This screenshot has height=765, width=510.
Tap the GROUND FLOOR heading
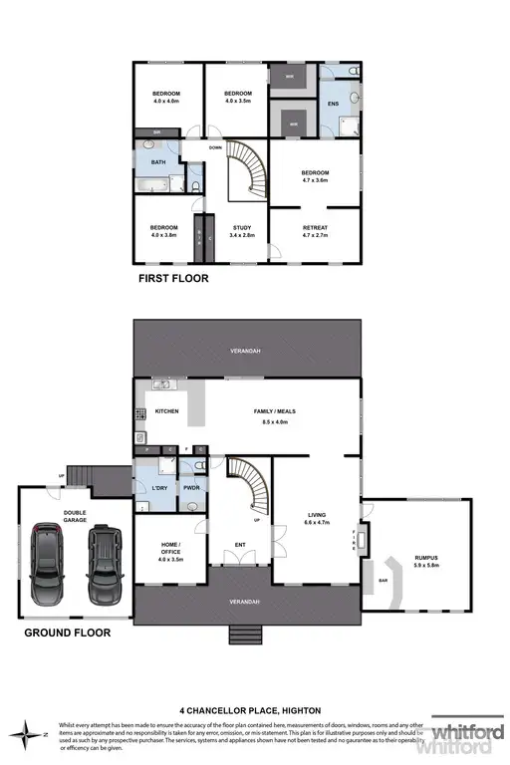pyautogui.click(x=68, y=632)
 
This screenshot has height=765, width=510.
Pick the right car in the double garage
pyautogui.click(x=104, y=563)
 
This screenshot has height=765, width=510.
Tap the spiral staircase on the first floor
pyautogui.click(x=244, y=169)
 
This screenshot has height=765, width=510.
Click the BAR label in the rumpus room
pyautogui.click(x=382, y=578)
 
